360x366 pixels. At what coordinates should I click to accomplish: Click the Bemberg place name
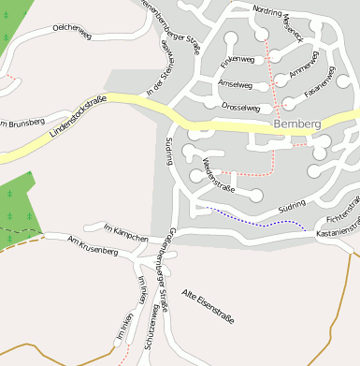[298, 124]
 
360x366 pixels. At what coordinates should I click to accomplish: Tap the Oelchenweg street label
[72, 34]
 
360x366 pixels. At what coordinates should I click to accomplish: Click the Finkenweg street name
[238, 60]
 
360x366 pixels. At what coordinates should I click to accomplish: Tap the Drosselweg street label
[240, 108]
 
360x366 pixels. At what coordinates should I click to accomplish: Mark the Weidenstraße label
[218, 174]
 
